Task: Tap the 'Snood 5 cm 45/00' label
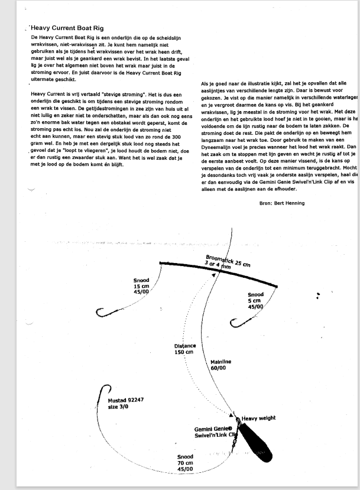(255, 301)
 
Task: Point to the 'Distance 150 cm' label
(184, 349)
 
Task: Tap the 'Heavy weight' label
(258, 418)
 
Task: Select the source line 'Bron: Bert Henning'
(282, 203)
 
